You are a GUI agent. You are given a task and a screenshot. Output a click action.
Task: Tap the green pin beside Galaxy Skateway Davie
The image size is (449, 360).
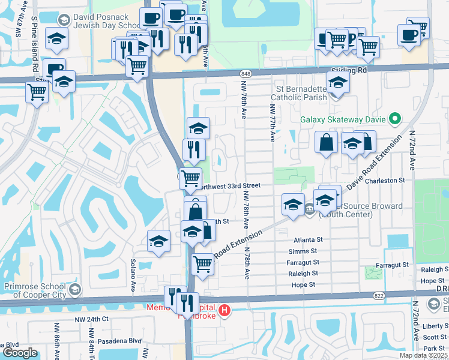[x=395, y=119]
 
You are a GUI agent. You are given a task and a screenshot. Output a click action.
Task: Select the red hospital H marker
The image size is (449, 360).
[x=224, y=310]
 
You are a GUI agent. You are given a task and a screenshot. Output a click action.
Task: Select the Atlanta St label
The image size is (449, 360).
[x=309, y=239]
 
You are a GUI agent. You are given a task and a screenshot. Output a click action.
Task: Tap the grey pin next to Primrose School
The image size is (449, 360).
[x=74, y=290]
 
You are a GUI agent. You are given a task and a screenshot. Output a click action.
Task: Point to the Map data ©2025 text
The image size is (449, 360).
[x=423, y=355]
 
